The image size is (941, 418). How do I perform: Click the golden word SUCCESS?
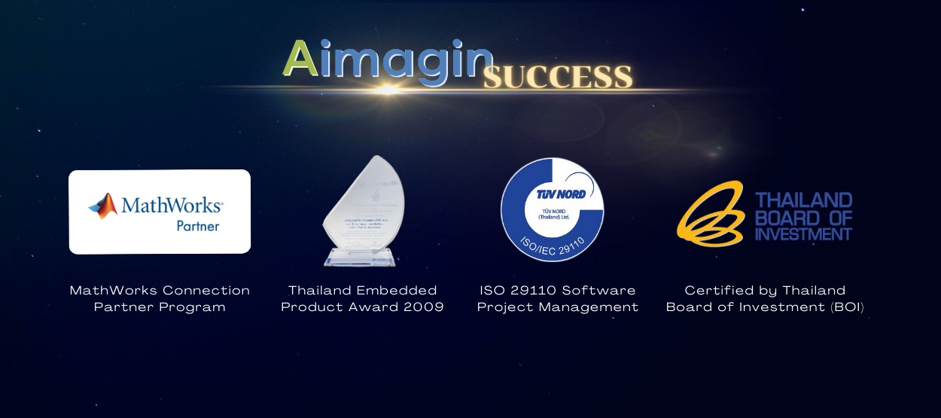pos(557,77)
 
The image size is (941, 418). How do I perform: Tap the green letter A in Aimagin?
pos(300,59)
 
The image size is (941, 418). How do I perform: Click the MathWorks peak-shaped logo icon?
pos(103,206)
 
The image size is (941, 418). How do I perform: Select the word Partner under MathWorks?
pos(197,226)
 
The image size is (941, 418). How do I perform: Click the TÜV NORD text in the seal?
pos(560,194)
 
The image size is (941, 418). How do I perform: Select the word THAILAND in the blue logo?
pos(803,200)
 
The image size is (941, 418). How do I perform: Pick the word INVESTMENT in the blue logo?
pos(803,234)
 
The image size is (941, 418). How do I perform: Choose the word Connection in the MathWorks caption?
pos(206,291)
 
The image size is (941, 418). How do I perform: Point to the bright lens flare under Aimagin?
pos(388,90)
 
